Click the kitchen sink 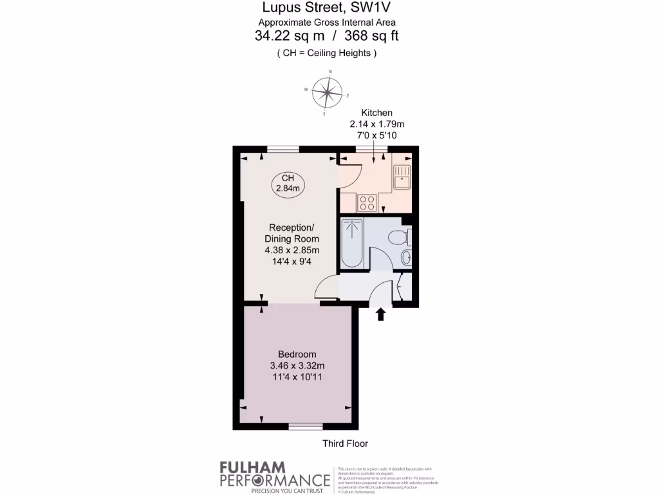tap(402, 176)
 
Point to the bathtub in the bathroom tap(352, 243)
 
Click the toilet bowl tap(399, 237)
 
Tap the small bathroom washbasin tap(405, 259)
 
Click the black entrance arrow tap(380, 314)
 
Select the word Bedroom tap(297, 354)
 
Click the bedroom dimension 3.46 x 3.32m tap(297, 365)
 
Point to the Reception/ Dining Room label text tap(292, 233)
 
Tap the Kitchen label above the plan tap(376, 113)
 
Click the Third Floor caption tap(345, 443)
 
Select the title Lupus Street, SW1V tap(327, 8)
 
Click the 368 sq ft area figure tap(372, 36)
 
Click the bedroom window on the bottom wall tap(305, 426)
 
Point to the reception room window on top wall tap(283, 150)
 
